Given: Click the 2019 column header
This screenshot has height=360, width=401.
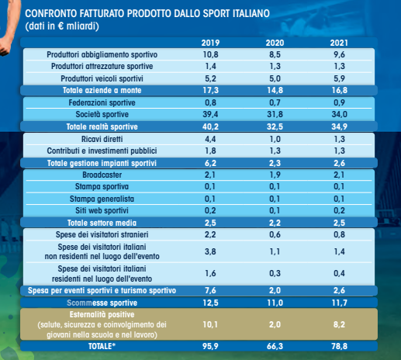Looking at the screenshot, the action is pyautogui.click(x=210, y=43).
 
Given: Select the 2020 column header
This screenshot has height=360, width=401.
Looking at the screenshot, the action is pyautogui.click(x=275, y=43).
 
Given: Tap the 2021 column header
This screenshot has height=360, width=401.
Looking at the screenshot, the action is pyautogui.click(x=339, y=43).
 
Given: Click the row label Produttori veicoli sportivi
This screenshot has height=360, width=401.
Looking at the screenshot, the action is pyautogui.click(x=102, y=78).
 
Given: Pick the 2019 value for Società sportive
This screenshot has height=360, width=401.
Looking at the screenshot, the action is pyautogui.click(x=210, y=114).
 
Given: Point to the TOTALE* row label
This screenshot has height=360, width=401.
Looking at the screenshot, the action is pyautogui.click(x=102, y=346).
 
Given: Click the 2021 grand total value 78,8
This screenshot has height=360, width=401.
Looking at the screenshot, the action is pyautogui.click(x=339, y=346).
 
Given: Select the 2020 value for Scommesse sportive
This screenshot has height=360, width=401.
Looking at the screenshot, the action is pyautogui.click(x=275, y=303).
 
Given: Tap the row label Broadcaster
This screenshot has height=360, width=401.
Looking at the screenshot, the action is pyautogui.click(x=102, y=175).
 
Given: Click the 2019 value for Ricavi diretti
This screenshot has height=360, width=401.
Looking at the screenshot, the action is pyautogui.click(x=210, y=139).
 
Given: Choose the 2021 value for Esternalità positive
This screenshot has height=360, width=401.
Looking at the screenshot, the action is pyautogui.click(x=339, y=324).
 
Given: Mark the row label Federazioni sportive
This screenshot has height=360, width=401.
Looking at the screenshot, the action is pyautogui.click(x=102, y=102).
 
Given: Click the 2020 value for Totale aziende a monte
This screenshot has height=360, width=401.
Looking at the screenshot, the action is pyautogui.click(x=275, y=90).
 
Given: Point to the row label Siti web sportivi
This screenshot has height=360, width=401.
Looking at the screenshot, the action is pyautogui.click(x=102, y=210).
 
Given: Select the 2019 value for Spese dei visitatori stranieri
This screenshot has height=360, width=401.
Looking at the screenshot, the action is pyautogui.click(x=210, y=234).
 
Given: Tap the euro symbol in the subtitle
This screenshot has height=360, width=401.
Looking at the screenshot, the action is pyautogui.click(x=60, y=26).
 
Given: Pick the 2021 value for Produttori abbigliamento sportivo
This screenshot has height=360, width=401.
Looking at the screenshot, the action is pyautogui.click(x=339, y=54).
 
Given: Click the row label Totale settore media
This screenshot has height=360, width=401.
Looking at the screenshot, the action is pyautogui.click(x=102, y=223).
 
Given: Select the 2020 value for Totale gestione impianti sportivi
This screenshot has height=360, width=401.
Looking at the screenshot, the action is pyautogui.click(x=275, y=163).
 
